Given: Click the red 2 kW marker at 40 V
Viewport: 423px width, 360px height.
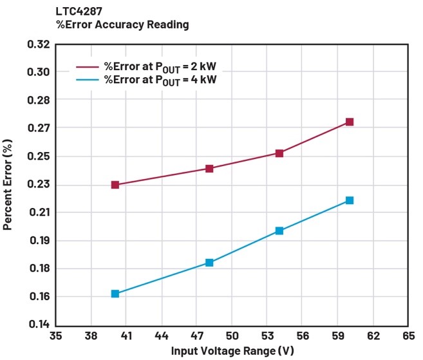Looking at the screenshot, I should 115,185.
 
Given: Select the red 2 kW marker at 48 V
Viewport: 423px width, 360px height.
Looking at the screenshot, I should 209,169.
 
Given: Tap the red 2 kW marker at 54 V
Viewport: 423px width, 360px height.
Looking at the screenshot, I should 279,153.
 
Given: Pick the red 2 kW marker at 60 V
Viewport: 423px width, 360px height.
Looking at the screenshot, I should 350,122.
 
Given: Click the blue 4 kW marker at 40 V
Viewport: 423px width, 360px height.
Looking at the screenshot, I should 115,294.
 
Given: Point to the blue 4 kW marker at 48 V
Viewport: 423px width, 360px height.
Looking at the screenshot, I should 209,263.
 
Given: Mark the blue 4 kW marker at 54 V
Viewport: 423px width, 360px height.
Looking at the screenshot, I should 279,231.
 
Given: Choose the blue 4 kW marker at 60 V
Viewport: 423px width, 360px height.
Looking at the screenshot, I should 350,200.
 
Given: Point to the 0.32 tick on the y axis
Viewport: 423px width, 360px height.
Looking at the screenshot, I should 39,44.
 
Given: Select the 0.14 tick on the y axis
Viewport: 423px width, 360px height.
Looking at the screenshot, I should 39,325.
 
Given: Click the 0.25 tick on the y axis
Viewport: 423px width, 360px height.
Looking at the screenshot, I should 39,156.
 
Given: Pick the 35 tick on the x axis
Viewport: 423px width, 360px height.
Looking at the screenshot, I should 56,336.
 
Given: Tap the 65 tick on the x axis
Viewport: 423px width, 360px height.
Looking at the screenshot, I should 408,336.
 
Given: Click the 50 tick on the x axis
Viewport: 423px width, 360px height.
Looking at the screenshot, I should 232,336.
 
